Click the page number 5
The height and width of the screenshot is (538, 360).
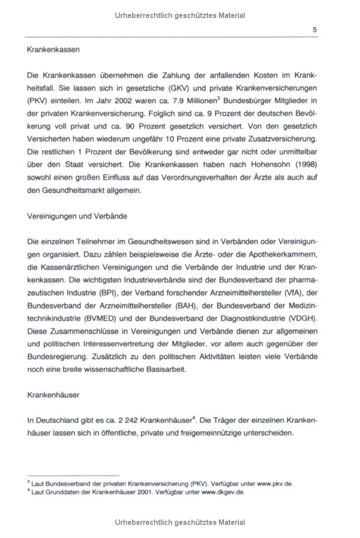(315, 29)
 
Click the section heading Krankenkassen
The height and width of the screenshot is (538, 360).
(53, 50)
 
